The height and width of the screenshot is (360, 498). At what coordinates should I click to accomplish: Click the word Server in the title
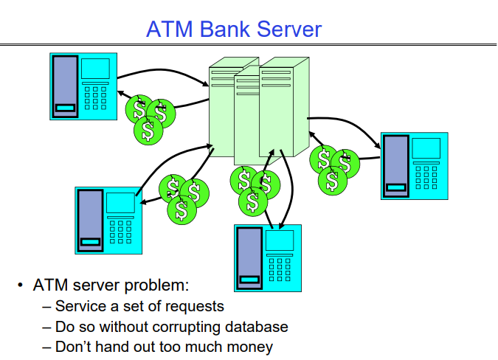click(x=288, y=29)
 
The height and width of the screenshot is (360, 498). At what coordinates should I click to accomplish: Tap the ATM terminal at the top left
click(x=83, y=86)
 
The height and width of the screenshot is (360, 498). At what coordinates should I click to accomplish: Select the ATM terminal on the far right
click(x=413, y=165)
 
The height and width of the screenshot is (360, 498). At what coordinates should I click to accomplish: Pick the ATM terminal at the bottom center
click(x=268, y=258)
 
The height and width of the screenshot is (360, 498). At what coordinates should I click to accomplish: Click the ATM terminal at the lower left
click(x=108, y=220)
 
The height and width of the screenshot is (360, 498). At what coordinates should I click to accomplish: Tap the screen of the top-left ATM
click(x=95, y=69)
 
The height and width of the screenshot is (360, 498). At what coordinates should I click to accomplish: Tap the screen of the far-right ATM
click(x=426, y=148)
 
